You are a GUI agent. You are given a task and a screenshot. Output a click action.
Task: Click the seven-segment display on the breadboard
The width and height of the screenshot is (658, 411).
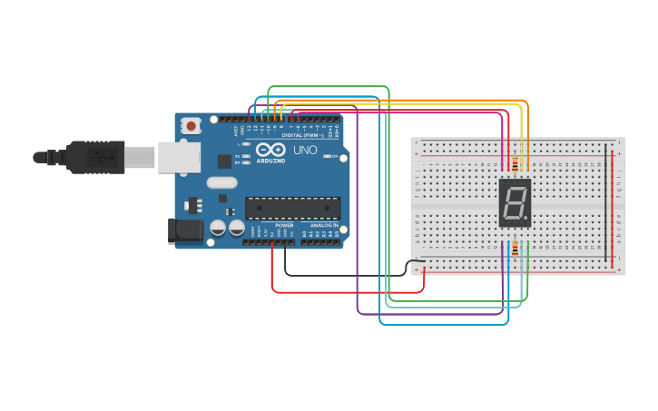pos(515,202)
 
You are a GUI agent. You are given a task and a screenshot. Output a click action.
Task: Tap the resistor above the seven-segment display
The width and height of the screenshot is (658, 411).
pos(516,164)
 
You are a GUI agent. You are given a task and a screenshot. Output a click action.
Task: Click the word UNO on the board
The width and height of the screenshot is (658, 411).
pos(305,150)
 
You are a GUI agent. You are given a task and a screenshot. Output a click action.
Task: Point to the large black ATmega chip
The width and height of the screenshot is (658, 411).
pos(292,208)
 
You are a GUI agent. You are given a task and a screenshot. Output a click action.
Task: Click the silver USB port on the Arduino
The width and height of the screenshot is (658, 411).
pos(179,157)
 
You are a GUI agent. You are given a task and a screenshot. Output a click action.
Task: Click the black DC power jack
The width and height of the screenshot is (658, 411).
pos(186,230)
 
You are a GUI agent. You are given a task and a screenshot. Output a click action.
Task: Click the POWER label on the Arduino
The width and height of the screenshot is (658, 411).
pos(284,225)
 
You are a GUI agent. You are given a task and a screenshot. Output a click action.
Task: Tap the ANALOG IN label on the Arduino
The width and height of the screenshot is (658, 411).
pos(324,225)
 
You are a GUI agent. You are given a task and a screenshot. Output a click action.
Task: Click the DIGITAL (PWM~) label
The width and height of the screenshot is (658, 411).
pos(304,135)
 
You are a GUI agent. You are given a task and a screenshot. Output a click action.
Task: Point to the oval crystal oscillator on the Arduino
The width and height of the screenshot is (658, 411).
pos(221,182)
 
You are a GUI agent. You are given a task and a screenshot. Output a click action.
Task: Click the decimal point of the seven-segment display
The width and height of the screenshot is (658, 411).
pos(527,220)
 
